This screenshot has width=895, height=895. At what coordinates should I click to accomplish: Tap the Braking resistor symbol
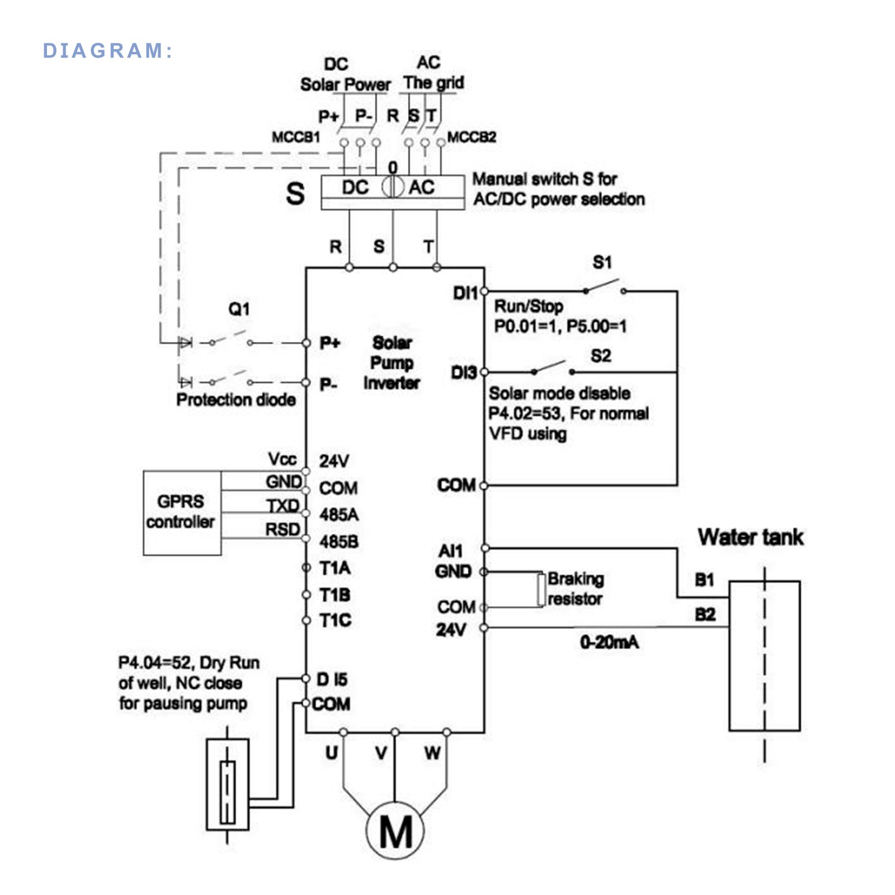pos(540,589)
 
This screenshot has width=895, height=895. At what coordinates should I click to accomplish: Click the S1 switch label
pos(602,262)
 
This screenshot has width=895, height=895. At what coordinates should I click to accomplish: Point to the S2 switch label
pos(601,356)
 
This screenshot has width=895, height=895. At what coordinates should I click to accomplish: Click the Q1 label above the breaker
pos(239,309)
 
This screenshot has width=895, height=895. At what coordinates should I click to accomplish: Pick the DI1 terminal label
pos(465,293)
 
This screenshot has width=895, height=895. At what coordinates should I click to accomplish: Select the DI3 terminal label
pos(464,373)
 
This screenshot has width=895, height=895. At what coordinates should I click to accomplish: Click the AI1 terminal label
pos(451,551)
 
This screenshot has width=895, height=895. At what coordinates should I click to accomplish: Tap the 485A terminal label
pos(339,515)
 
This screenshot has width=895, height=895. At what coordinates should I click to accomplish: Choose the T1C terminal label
pos(335,620)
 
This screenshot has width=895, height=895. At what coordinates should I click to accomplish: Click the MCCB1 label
pos(296,137)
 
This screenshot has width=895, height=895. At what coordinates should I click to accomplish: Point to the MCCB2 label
pos(472,137)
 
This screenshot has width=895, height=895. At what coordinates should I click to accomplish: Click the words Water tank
pos(750,537)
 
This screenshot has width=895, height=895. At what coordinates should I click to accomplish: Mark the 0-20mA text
pos(609,642)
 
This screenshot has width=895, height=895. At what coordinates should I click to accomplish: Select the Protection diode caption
pos(235,399)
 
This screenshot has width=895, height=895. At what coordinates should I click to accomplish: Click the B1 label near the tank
pos(705,580)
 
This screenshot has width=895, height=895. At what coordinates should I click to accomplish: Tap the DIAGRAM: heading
pos(107,51)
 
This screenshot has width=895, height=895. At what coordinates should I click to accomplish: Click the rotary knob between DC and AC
pos(393,187)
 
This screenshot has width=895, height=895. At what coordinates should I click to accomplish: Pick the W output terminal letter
pos(432,753)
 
